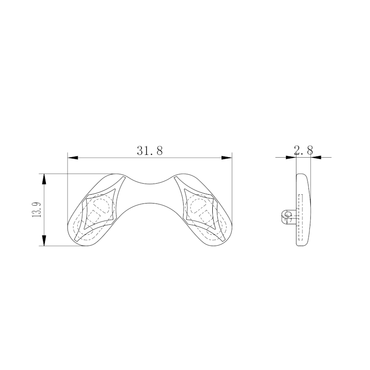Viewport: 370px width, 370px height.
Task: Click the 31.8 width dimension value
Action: pos(150,150)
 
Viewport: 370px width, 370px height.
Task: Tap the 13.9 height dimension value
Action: pos(37,210)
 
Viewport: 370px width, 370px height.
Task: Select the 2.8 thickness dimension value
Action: pos(303,150)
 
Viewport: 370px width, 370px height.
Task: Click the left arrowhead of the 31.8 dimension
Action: pos(73,158)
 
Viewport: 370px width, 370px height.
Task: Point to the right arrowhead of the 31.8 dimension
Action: pos(227,158)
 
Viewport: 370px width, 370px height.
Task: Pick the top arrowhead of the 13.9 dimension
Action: pos(44,179)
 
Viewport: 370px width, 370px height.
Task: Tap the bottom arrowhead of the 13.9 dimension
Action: pos(44,240)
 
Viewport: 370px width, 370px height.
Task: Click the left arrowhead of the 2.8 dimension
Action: pos(291,157)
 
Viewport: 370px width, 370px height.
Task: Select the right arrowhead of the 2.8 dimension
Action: pos(316,157)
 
